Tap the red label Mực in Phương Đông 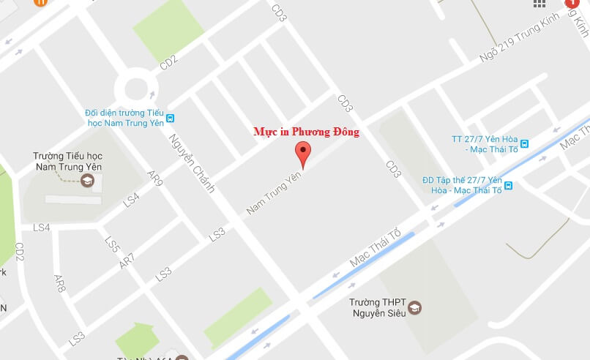click(306, 132)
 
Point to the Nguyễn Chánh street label click(192, 162)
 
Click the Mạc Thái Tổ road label click(376, 247)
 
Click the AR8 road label click(60, 284)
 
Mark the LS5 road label click(111, 245)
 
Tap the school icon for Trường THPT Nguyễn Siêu click(415, 307)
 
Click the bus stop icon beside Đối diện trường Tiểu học click(170, 118)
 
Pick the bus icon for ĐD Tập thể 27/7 click(508, 185)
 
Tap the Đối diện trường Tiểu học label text click(124, 118)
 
